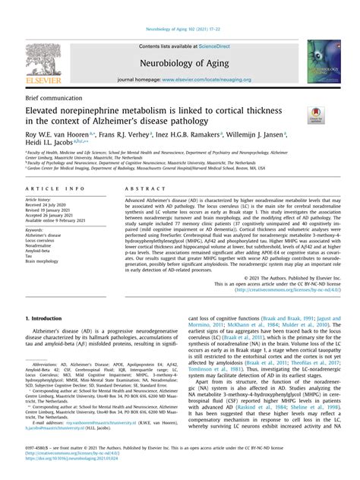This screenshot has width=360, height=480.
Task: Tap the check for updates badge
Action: [x=314, y=115]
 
